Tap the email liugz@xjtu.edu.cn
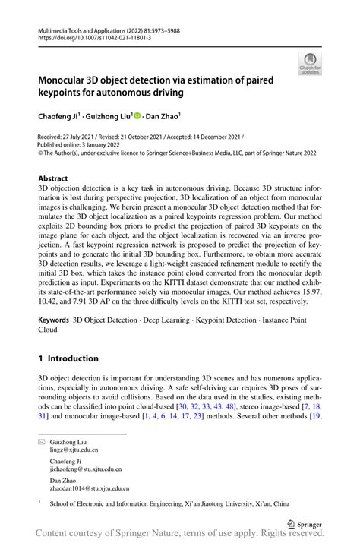pyautogui.click(x=74, y=450)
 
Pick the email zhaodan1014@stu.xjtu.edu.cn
pyautogui.click(x=90, y=489)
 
